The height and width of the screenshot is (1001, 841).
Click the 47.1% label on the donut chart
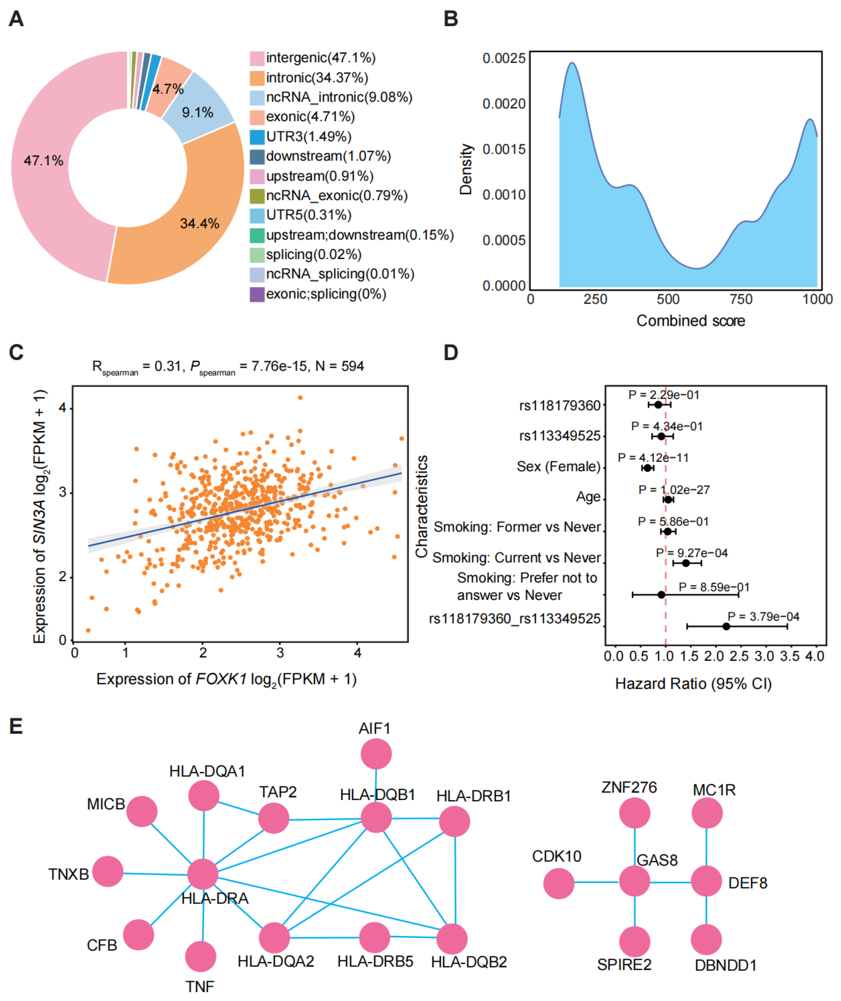[x=43, y=161]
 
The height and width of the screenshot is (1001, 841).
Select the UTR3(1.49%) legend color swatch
[x=257, y=137]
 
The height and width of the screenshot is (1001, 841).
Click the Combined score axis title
[x=691, y=321]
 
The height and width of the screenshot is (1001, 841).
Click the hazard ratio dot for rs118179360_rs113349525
[x=726, y=626]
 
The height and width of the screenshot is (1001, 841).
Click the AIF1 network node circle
[x=376, y=754]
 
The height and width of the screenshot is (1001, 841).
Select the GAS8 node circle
[x=634, y=881]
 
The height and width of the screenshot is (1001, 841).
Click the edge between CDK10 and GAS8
[x=596, y=882]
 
